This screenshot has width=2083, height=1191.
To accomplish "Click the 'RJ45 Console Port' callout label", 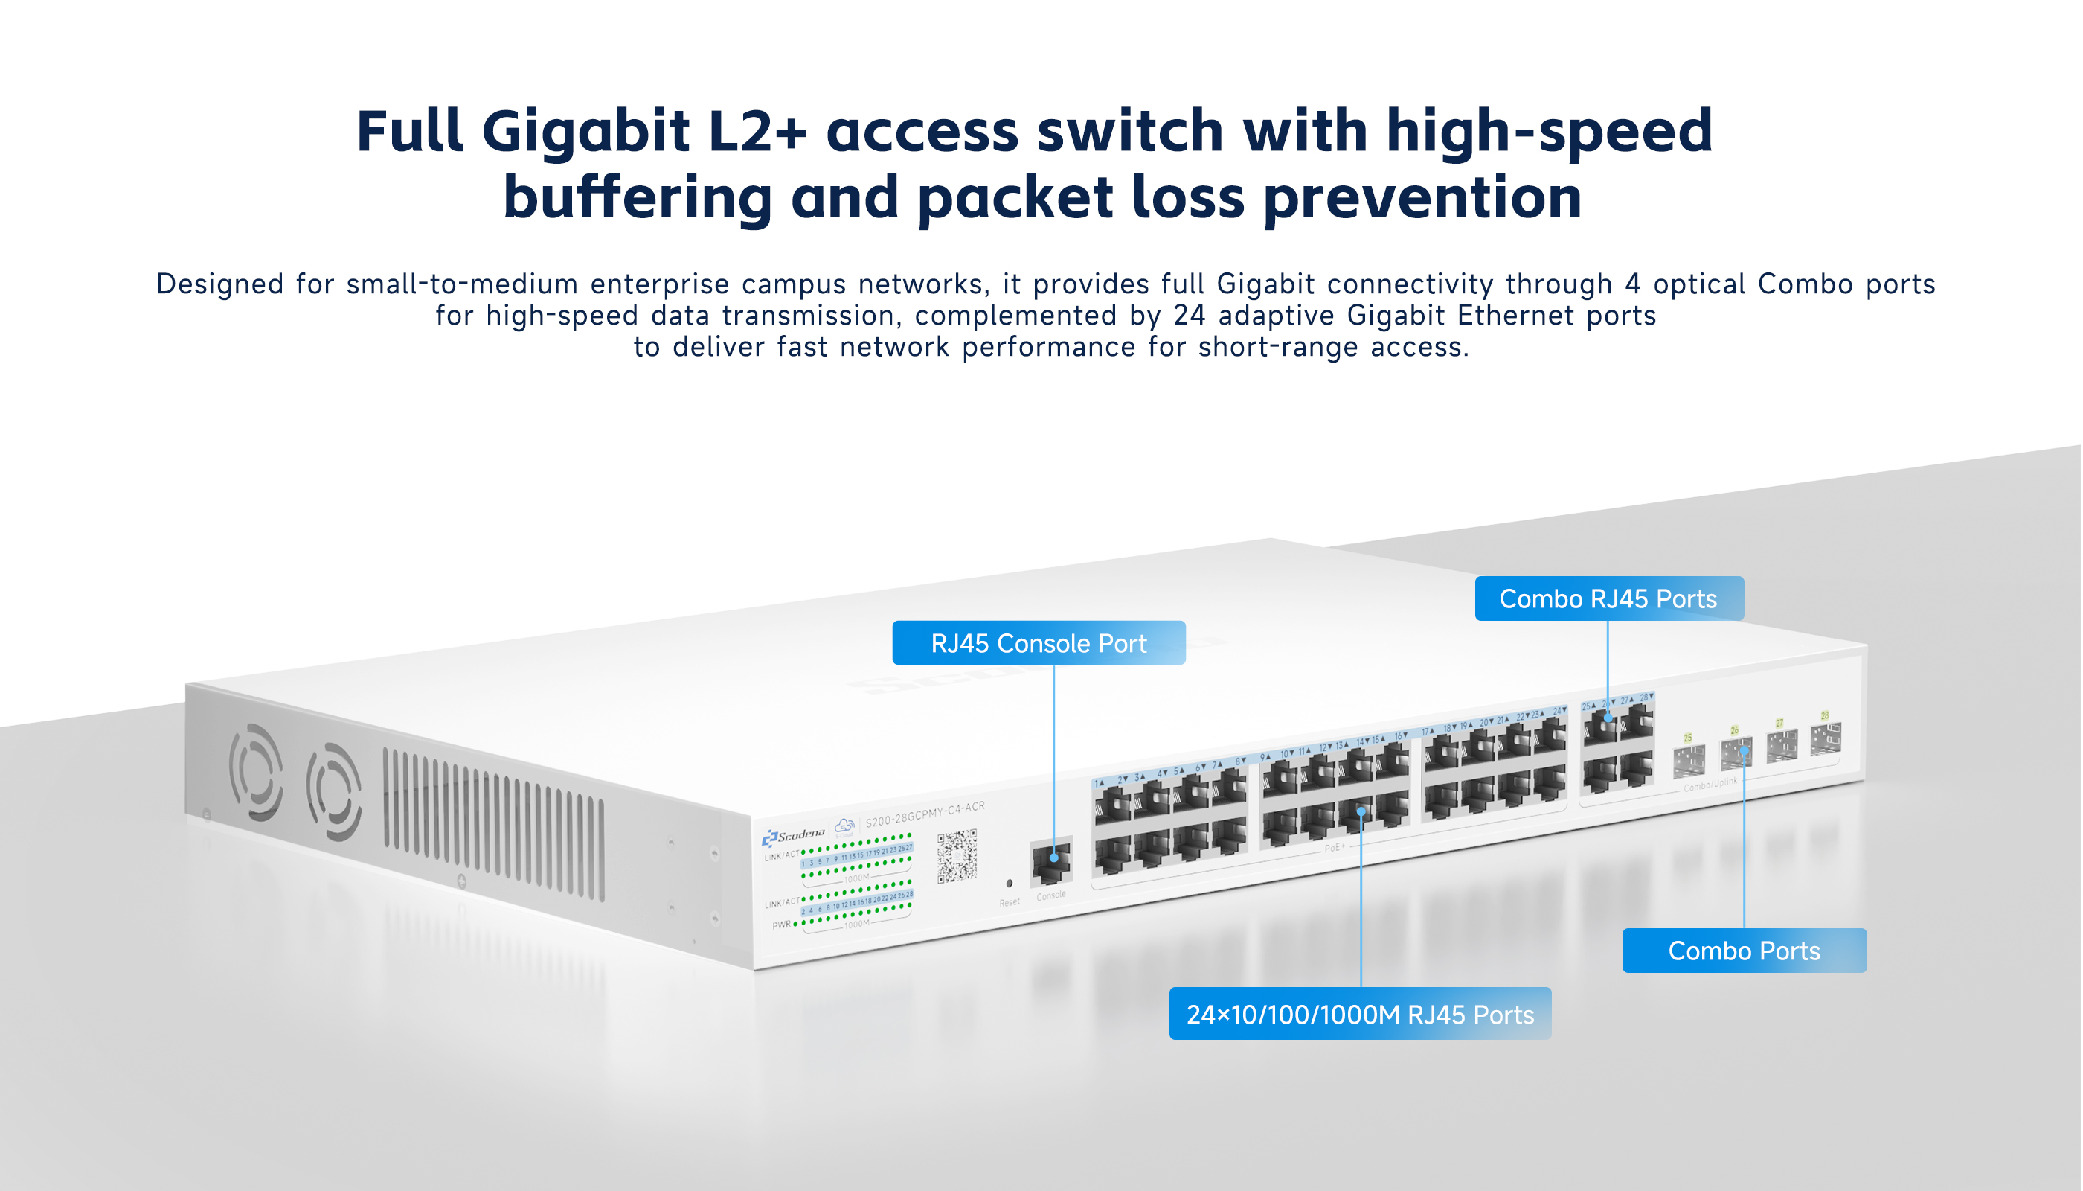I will point(1039,643).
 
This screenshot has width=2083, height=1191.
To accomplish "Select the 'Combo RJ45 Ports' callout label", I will point(1608,598).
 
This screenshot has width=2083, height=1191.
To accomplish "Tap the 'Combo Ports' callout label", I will point(1744,951).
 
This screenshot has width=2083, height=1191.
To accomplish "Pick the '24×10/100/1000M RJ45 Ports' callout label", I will point(1359,1015).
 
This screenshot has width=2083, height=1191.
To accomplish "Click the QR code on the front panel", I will point(957,857).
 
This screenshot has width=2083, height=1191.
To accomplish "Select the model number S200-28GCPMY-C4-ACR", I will point(925,814).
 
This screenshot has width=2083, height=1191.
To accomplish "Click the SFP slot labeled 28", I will point(1826,738).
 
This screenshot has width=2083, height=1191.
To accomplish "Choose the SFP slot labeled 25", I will point(1689,761).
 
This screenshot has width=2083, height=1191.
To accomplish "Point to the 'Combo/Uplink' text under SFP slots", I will point(1710,785).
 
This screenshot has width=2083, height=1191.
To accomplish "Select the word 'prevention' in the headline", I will point(1422,198).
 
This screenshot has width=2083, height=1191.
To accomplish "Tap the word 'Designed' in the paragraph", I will point(220,284).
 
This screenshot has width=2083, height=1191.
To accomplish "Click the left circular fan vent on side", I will point(256,772).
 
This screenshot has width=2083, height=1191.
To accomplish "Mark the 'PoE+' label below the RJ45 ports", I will point(1333,847).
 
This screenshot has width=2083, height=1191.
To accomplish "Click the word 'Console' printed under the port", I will point(1051,895).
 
